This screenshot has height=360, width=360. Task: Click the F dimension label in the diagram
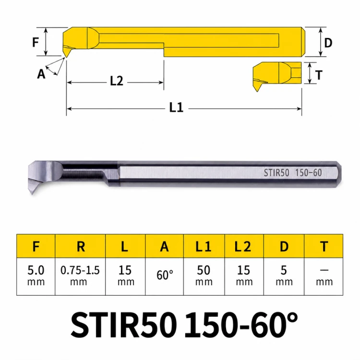(36, 42)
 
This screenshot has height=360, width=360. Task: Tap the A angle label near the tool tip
(41, 74)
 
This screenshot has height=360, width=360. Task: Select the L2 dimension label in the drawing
(117, 81)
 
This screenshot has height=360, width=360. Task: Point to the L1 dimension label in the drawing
(176, 107)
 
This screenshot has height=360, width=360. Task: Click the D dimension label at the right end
(328, 43)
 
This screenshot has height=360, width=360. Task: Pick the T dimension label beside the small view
(319, 75)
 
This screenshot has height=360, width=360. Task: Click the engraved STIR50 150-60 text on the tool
(293, 173)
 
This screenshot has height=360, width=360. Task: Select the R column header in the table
(80, 246)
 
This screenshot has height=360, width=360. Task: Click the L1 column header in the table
(204, 246)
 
